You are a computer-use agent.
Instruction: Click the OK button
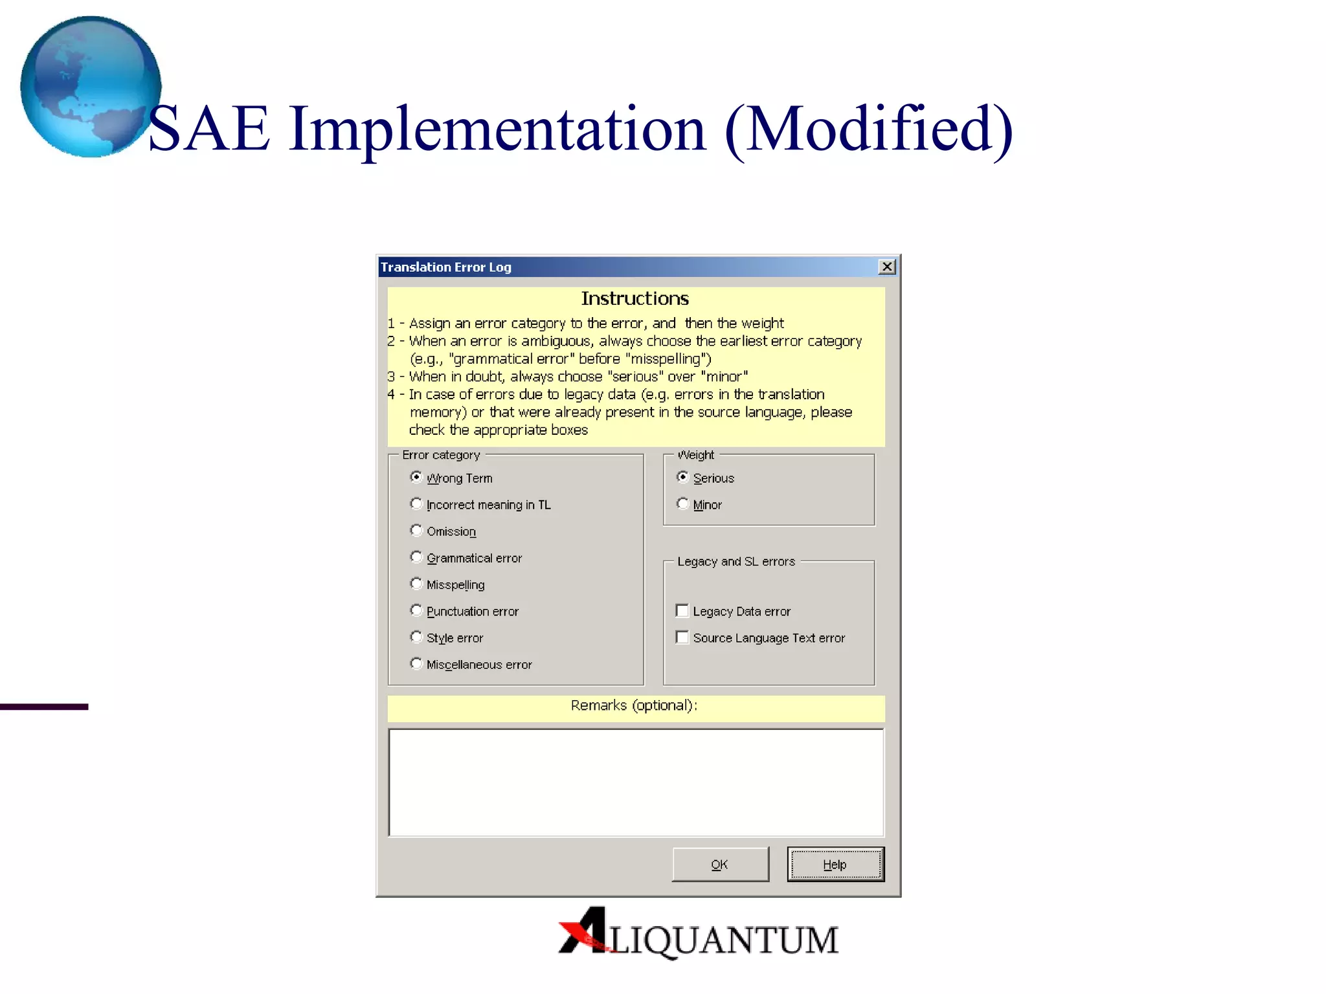pyautogui.click(x=720, y=864)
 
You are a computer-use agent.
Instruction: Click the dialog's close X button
pyautogui.click(x=887, y=267)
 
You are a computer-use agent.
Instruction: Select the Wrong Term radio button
pyautogui.click(x=416, y=477)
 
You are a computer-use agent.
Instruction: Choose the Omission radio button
pyautogui.click(x=416, y=530)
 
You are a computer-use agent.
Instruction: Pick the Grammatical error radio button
pyautogui.click(x=416, y=557)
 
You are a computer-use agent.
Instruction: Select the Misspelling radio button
pyautogui.click(x=416, y=584)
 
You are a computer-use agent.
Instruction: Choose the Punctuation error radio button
pyautogui.click(x=416, y=610)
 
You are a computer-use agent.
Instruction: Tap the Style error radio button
pyautogui.click(x=416, y=637)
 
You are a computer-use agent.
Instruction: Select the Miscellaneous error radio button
pyautogui.click(x=416, y=663)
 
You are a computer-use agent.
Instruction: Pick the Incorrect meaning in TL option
pyautogui.click(x=416, y=503)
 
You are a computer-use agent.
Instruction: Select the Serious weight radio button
pyautogui.click(x=682, y=477)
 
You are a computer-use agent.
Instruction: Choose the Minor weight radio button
pyautogui.click(x=682, y=503)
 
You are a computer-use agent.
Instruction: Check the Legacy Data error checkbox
pyautogui.click(x=682, y=610)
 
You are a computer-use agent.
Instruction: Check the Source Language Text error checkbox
pyautogui.click(x=682, y=637)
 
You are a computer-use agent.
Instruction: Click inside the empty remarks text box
pyautogui.click(x=636, y=782)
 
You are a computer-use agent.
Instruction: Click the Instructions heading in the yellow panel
pyautogui.click(x=635, y=298)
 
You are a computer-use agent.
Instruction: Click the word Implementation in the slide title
pyautogui.click(x=497, y=129)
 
